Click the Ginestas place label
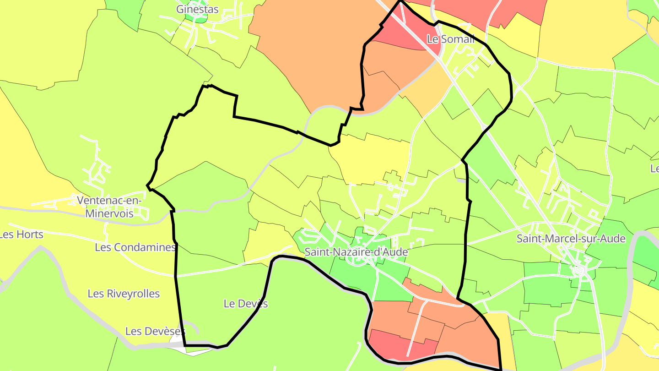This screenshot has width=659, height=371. point(197,9)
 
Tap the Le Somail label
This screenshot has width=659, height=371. point(450,39)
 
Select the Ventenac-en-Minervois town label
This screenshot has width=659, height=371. point(110,207)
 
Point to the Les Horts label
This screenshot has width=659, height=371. point(21,235)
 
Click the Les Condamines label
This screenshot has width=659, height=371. point(135,248)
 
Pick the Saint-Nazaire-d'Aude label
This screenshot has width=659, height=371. point(356,252)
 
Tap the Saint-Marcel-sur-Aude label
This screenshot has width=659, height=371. point(571,239)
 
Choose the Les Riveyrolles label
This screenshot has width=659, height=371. point(124,294)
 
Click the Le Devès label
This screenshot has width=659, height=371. point(246,304)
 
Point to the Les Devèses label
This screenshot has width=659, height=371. point(155,331)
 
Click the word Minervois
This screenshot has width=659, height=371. point(110,213)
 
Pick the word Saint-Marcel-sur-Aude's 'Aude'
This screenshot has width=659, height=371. point(612,239)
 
